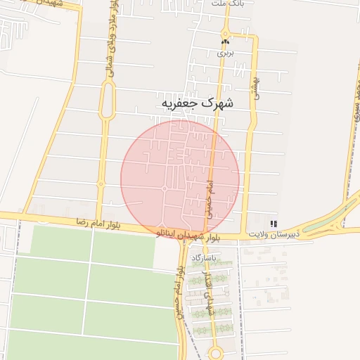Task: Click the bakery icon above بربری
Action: (225, 42)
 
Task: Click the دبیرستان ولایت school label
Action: (274, 233)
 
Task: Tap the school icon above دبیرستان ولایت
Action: (274, 223)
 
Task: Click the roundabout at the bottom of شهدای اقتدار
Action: (216, 352)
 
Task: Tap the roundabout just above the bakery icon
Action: (225, 32)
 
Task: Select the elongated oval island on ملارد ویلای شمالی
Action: (107, 101)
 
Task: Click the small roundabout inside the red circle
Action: (165, 188)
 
